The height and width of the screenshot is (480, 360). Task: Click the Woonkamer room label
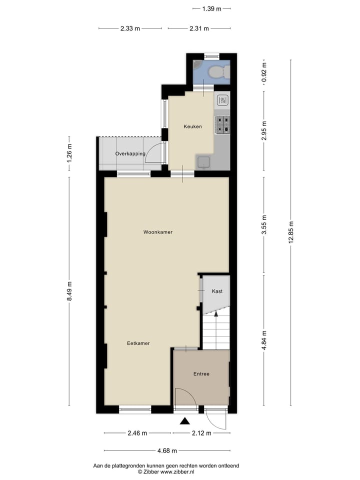[157, 232]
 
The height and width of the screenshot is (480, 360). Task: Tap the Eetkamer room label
[138, 343]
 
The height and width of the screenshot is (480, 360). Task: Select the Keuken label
[192, 126]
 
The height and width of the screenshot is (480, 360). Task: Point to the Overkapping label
[130, 153]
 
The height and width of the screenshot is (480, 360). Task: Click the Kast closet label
[217, 291]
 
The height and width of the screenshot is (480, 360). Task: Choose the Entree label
[201, 374]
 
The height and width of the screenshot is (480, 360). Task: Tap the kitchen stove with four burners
[222, 125]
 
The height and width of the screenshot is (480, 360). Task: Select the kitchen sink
[203, 161]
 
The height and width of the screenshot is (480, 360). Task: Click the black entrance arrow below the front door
[184, 421]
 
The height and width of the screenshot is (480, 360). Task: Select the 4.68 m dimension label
[167, 450]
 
